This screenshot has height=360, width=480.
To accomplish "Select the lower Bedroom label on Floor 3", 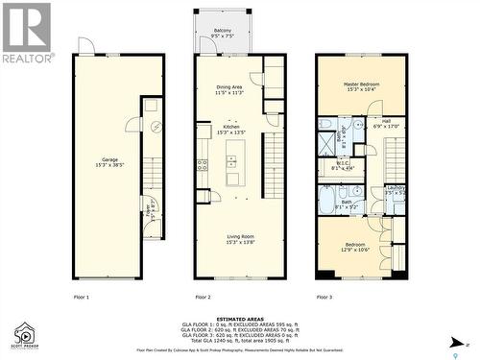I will [354, 247].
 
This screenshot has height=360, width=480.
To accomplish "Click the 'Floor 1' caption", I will [82, 298].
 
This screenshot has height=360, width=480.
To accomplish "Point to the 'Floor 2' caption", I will [203, 298].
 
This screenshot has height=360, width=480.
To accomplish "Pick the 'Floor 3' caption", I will [324, 298].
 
